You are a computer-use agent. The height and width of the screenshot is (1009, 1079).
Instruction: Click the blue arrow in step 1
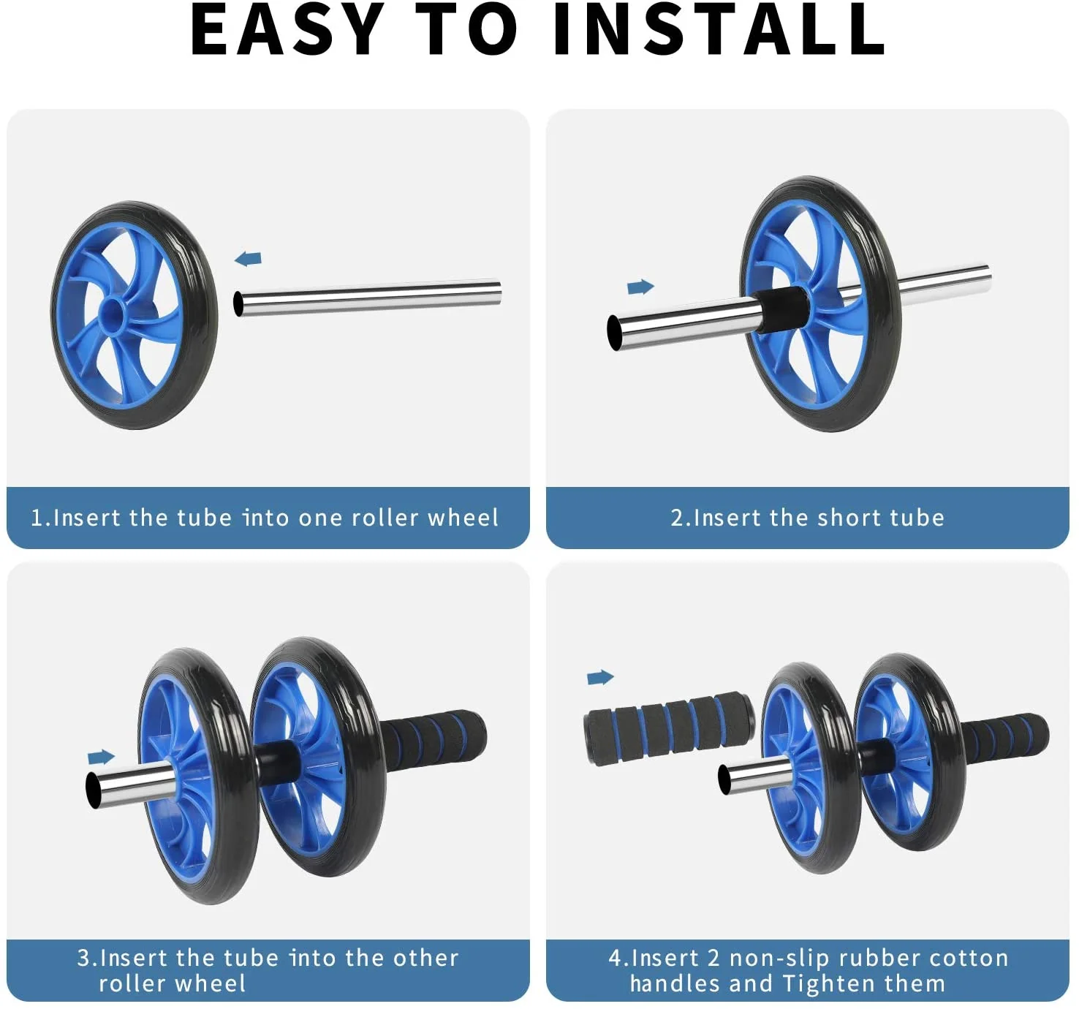click(249, 259)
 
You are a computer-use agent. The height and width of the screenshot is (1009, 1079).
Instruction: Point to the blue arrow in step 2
click(640, 287)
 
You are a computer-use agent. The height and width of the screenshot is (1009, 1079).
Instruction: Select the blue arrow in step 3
click(101, 756)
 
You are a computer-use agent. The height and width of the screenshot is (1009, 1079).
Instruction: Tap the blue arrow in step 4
click(600, 677)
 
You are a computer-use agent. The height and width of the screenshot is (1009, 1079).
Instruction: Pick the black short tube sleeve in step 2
click(781, 309)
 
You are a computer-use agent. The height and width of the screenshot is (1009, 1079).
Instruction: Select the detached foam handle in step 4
click(669, 728)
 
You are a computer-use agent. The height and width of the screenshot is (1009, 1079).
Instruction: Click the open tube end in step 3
click(94, 790)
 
